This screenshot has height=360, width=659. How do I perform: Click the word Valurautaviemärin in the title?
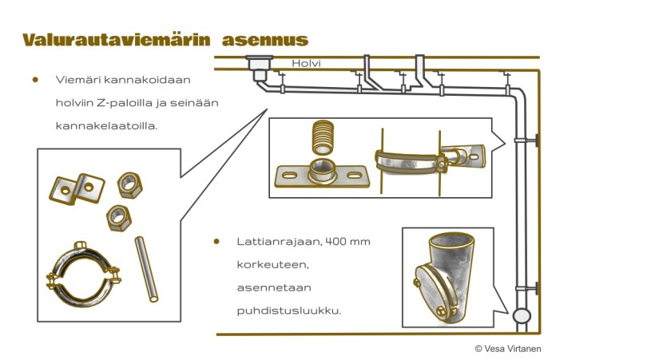(x=118, y=40)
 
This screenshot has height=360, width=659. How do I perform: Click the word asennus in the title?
(x=265, y=40)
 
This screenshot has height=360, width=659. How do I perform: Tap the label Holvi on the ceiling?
(x=305, y=63)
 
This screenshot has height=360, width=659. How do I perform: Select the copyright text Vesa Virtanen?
(x=509, y=348)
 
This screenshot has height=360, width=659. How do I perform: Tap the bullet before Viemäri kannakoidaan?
(x=35, y=80)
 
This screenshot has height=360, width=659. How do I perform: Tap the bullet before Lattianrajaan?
(x=216, y=241)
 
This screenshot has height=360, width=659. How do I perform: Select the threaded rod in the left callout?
(x=146, y=268)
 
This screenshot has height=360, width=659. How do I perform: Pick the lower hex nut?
(x=118, y=216)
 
